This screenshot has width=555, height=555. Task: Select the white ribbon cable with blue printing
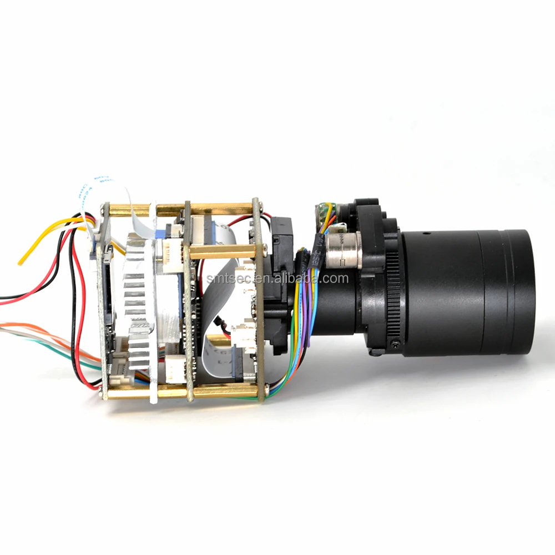(x=94, y=186)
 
